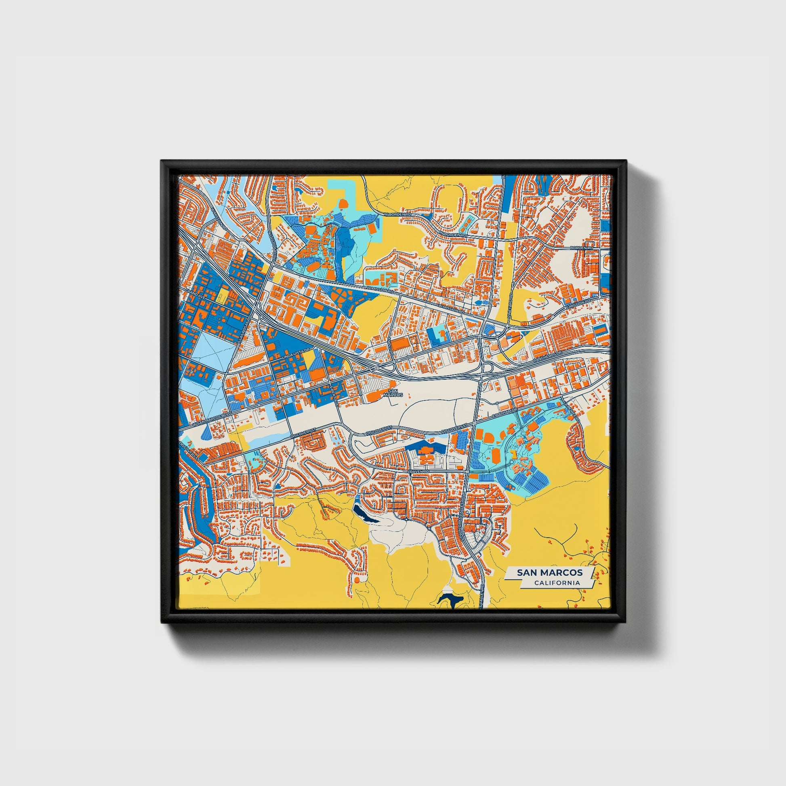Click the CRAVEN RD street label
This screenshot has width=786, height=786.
point(419,471)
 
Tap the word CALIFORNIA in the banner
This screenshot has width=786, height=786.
point(557,583)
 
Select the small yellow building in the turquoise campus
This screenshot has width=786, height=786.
point(514,453)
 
